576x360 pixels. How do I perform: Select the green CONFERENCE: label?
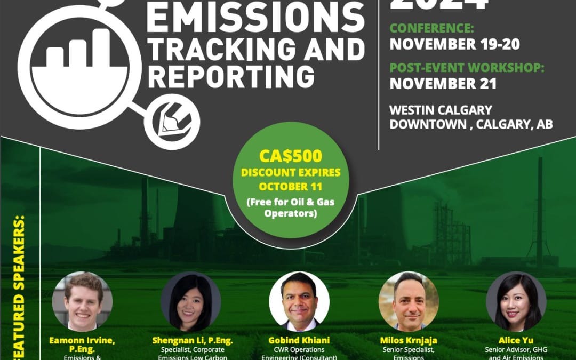coord(431,28)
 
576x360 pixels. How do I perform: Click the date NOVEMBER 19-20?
coord(454,44)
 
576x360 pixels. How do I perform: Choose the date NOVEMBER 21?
coord(443,84)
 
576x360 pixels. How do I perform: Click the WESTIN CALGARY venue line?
coord(441,110)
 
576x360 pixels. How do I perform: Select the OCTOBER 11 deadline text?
coord(291,187)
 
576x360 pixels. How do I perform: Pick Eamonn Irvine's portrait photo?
coord(82,301)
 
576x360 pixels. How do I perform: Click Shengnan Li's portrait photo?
coord(190,301)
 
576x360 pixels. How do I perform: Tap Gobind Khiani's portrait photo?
coord(299,301)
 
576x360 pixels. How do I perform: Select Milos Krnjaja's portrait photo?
coord(408,301)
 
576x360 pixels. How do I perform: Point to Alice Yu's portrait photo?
coord(516,301)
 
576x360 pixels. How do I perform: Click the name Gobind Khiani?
coord(299,340)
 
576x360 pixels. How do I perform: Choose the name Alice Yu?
coord(516,340)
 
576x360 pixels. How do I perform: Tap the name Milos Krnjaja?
coord(408,340)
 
